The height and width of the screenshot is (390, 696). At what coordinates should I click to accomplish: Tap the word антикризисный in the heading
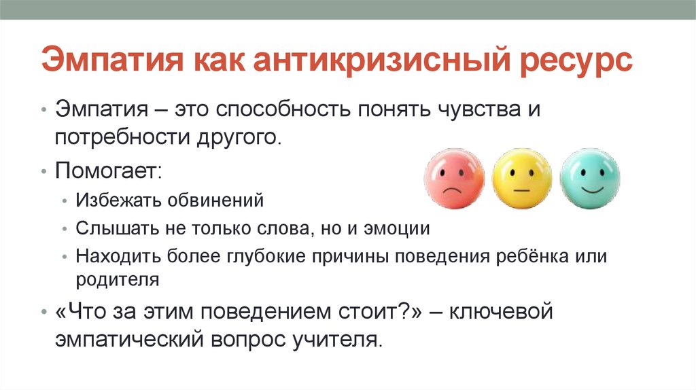tap(369, 62)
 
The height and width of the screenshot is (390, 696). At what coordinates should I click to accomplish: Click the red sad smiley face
tap(453, 178)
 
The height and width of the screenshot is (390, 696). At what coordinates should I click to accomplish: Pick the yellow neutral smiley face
tap(522, 178)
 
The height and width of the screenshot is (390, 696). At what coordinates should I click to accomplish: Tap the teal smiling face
tap(590, 178)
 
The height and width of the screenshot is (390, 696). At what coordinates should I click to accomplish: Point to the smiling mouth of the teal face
tap(590, 190)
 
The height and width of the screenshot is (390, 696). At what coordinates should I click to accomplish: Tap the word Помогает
tap(107, 170)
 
